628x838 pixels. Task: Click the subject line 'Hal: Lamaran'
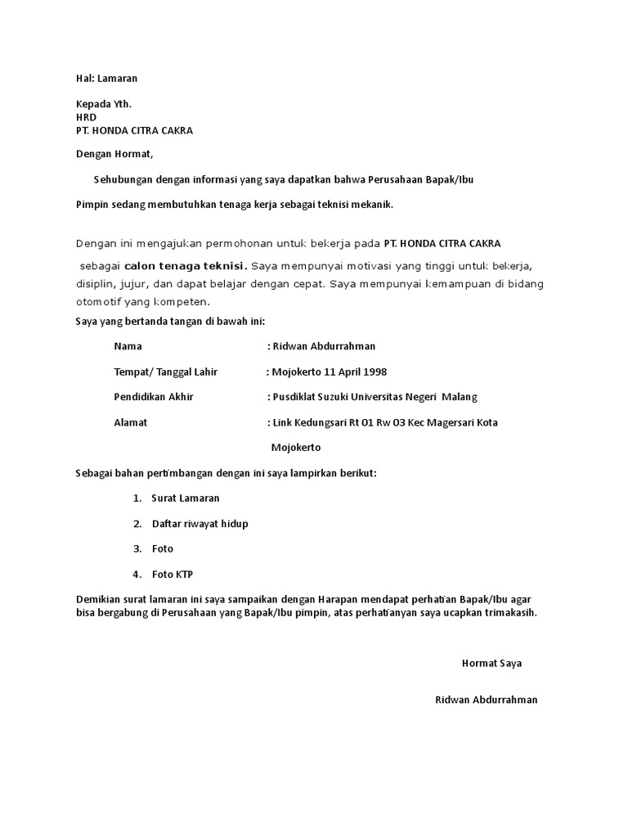tap(106, 79)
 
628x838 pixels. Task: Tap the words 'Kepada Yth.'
tap(103, 105)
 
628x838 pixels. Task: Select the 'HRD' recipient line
tap(86, 118)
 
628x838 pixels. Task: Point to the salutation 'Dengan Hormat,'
tap(114, 153)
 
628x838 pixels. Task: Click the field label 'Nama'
tap(128, 346)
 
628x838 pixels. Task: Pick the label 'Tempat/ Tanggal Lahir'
tap(166, 372)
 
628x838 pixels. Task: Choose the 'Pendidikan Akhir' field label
tap(154, 397)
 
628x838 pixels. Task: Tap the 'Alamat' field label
tap(131, 422)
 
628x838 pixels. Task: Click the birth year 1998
tap(375, 372)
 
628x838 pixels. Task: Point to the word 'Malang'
tap(460, 397)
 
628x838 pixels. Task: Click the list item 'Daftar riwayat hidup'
tap(200, 523)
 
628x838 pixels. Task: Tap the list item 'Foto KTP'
tap(173, 574)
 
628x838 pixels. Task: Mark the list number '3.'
tap(137, 548)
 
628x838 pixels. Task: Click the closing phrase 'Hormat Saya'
tap(491, 663)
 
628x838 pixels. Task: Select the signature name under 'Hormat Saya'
tap(487, 700)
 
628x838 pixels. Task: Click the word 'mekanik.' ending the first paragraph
tap(372, 205)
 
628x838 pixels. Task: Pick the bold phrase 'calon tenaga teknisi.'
tap(186, 265)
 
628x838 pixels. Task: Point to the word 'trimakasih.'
tap(510, 612)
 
